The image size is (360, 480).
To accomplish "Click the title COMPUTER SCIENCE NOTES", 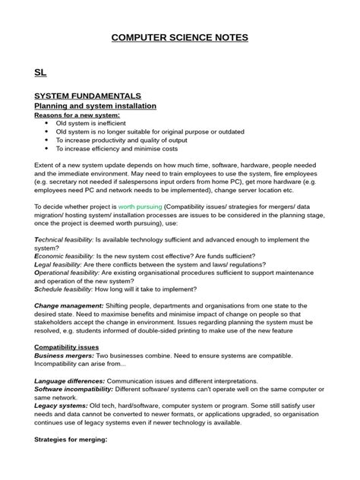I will tap(180, 37).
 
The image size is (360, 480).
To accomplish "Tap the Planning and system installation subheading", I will tap(95, 106).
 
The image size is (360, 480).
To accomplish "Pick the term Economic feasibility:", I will tap(65, 255).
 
